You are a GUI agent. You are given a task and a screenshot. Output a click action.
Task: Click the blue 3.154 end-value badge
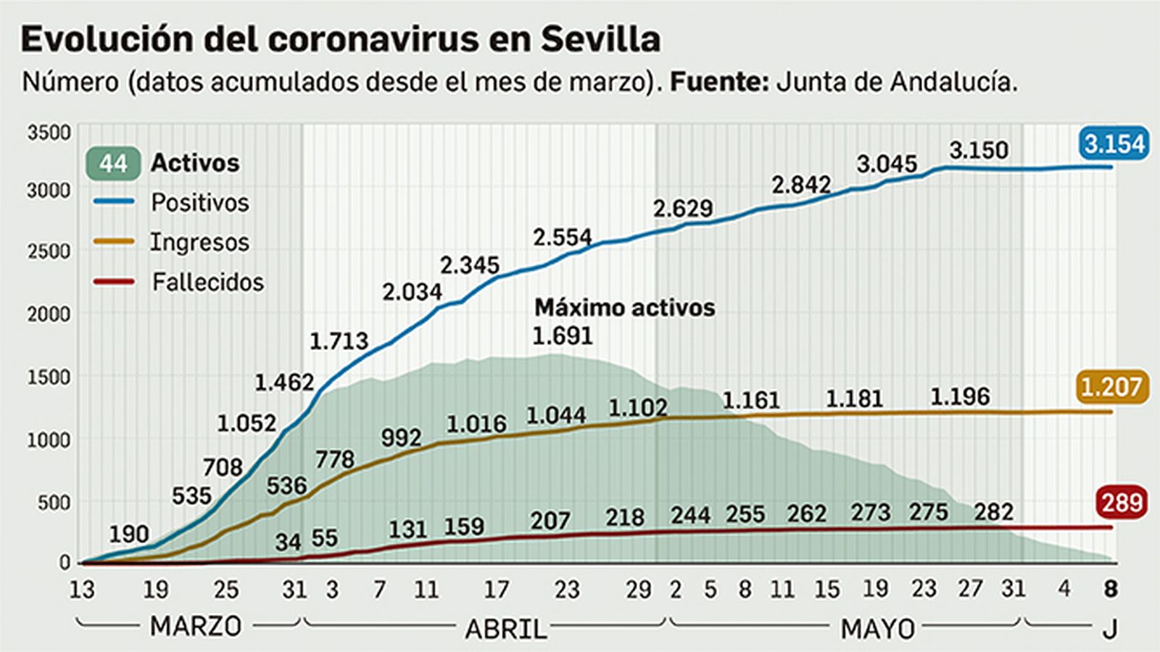[x=1114, y=143]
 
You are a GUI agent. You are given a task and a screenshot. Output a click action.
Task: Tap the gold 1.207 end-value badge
[x=1111, y=388]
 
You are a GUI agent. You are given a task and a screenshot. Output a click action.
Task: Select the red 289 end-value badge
[x=1122, y=502]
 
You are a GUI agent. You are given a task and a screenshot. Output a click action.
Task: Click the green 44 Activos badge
[x=113, y=164]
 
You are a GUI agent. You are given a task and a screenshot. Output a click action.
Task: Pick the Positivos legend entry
[x=199, y=203]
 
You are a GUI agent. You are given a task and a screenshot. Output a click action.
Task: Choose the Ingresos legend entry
[x=199, y=242]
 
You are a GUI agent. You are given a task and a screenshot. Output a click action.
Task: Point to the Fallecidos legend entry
[x=207, y=282]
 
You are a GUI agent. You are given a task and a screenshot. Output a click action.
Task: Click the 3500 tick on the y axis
[x=49, y=133]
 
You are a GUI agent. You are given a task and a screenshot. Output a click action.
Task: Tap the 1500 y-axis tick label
[x=49, y=377]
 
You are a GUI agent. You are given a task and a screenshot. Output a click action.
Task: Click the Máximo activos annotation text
[x=624, y=308]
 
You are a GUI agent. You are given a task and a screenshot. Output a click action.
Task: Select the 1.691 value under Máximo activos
[x=563, y=336]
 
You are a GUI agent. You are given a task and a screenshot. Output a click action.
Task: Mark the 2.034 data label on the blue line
[x=412, y=292]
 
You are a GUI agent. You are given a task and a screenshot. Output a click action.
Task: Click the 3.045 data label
[x=887, y=164]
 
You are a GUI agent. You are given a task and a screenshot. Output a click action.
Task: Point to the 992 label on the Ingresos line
[x=401, y=438]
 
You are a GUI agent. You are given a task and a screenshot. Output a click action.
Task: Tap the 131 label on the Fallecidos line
[x=407, y=530]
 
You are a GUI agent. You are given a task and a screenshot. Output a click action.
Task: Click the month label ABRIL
[x=506, y=629]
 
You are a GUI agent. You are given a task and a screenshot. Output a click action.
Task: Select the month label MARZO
[x=195, y=626]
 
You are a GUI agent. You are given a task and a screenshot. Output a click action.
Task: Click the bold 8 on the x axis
[x=1110, y=589]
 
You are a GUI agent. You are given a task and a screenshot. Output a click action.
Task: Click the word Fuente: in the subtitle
[x=718, y=82]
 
